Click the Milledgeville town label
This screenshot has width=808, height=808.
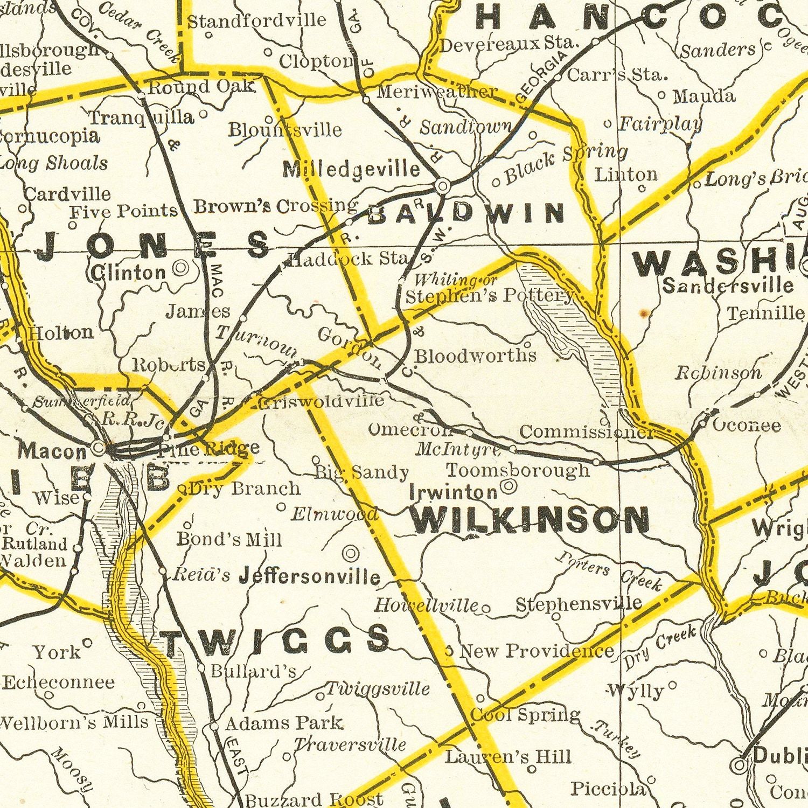pos(351,170)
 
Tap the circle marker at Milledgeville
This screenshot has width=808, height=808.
pos(442,186)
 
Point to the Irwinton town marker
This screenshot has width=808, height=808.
pos(509,487)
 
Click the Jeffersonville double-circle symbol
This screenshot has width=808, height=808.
pos(351,553)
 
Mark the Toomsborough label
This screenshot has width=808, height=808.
pos(518,470)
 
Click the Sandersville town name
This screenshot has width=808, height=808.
pos(728,285)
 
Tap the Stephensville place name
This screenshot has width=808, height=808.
pos(579,603)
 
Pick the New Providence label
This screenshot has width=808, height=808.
pos(537,651)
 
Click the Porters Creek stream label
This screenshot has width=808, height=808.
pos(609,572)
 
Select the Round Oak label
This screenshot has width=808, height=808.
pos(200,87)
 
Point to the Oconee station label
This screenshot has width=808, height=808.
pos(747,426)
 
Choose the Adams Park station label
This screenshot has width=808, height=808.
pos(283,723)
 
